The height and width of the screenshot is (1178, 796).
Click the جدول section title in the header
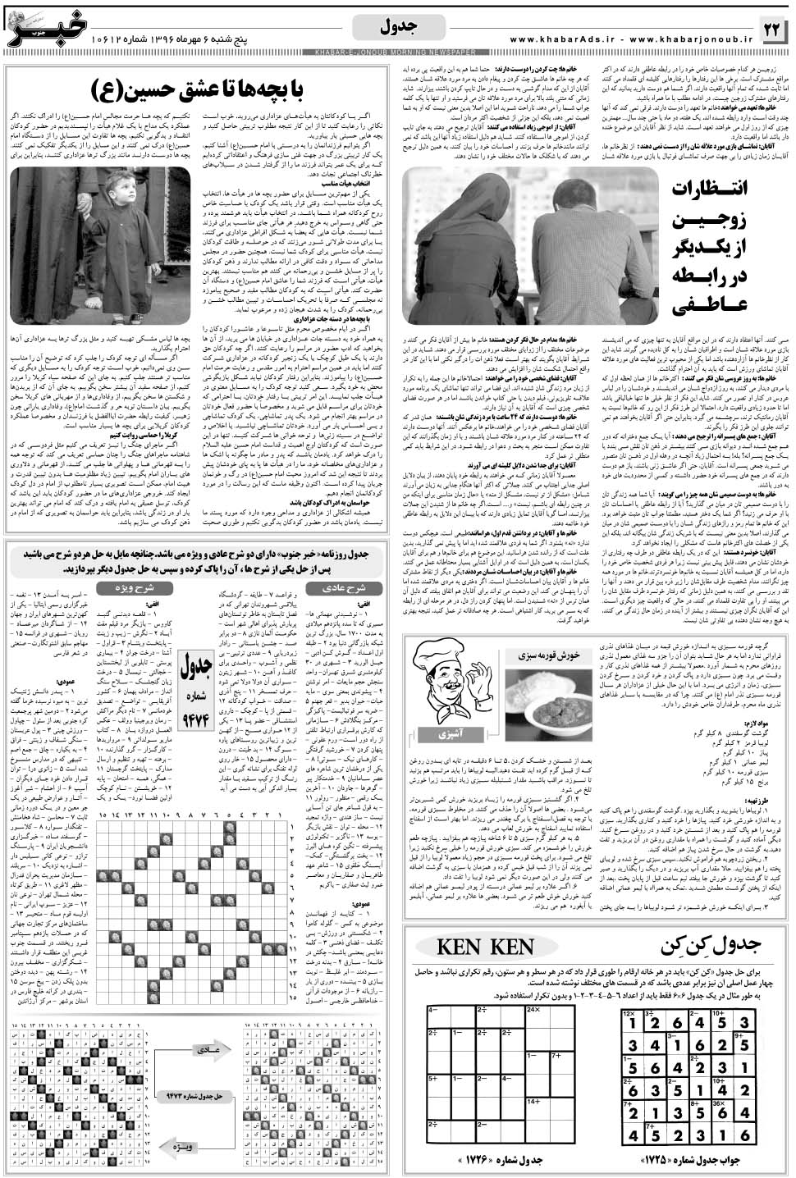(x=397, y=27)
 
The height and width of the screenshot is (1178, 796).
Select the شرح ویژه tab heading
(x=127, y=587)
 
